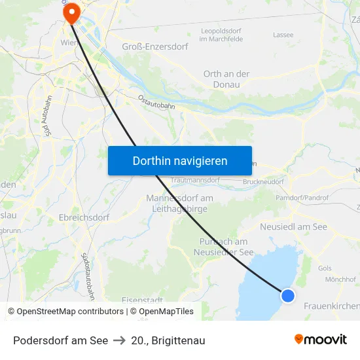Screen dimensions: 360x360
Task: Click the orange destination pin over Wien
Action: [x=70, y=11]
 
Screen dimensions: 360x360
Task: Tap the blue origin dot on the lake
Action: [x=287, y=295]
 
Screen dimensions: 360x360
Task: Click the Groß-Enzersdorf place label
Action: [x=154, y=46]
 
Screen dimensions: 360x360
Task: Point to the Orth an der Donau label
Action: [x=226, y=79]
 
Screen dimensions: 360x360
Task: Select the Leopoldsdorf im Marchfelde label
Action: [x=221, y=35]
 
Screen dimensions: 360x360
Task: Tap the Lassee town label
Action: [x=283, y=35]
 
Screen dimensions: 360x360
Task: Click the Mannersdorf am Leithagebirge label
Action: [x=179, y=203]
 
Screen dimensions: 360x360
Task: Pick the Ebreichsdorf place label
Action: [x=83, y=217]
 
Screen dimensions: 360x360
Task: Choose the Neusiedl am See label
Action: [x=293, y=226]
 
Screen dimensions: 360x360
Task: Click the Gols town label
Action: [x=325, y=268]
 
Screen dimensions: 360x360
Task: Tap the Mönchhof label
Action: [x=340, y=279]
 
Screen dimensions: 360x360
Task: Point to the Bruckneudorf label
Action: [x=263, y=181]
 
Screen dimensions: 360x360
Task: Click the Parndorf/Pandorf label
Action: [x=302, y=197]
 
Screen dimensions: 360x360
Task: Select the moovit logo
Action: [x=321, y=339]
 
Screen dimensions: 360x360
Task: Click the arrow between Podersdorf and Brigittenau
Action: [x=119, y=340]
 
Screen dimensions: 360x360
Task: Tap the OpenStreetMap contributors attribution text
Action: [x=66, y=312]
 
